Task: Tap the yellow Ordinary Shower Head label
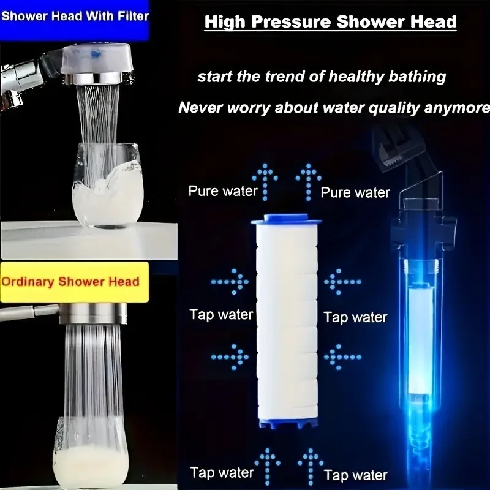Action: point(75,282)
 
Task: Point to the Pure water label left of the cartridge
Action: point(223,191)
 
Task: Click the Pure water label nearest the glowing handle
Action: point(355,192)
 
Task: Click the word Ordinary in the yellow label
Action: point(29,282)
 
